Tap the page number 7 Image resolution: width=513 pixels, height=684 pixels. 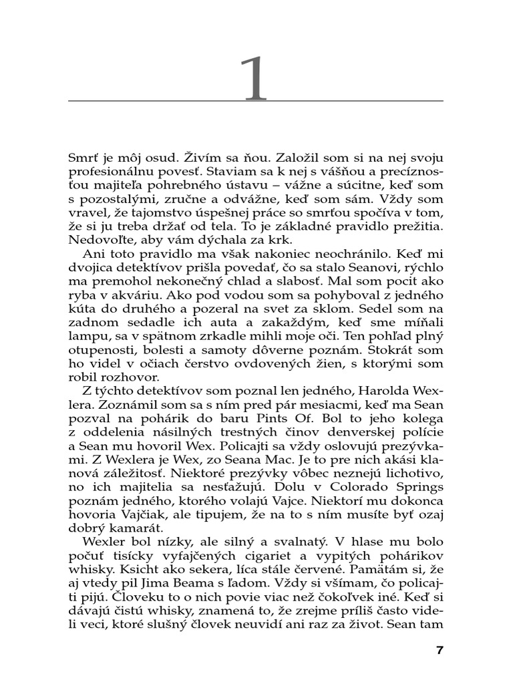[439, 649]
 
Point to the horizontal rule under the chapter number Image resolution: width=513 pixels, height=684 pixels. [256, 101]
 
